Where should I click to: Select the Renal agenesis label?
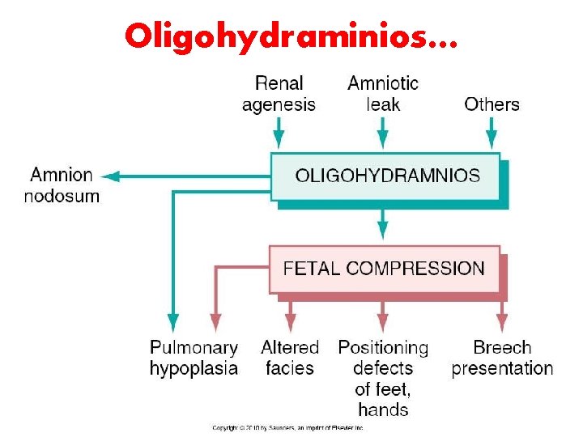(x=279, y=93)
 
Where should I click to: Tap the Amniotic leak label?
(x=383, y=93)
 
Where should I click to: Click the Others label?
(x=492, y=104)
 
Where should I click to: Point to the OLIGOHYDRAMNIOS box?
(x=386, y=176)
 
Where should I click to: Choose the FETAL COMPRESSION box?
(x=385, y=269)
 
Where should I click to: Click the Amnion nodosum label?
(x=62, y=185)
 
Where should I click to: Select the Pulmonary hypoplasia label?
(x=194, y=358)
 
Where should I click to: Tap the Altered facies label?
(x=290, y=358)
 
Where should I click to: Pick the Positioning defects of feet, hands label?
(x=383, y=378)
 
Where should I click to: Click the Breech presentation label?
(x=502, y=358)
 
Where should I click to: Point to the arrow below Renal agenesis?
(x=279, y=134)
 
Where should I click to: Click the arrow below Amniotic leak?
(x=383, y=134)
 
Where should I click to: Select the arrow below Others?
(x=492, y=134)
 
